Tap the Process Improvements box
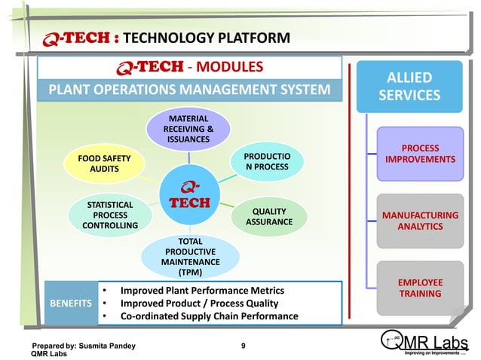point(420,154)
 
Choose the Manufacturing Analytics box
point(420,221)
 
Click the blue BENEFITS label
point(70,303)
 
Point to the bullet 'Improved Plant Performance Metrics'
point(202,290)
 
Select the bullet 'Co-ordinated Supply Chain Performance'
point(209,316)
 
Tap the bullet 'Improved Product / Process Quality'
point(199,303)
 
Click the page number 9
point(243,346)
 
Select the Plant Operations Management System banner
point(189,90)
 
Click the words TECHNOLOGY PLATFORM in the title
point(206,38)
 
